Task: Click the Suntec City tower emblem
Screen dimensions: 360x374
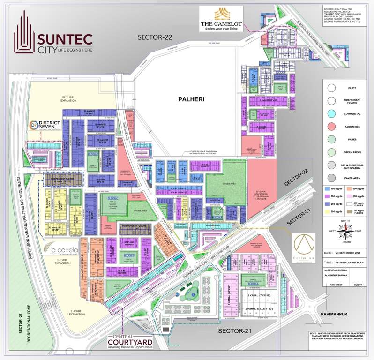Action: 24,35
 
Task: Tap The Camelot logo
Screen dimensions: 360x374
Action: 221,19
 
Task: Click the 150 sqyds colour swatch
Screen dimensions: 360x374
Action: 328,188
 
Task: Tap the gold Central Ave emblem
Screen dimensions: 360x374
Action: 305,246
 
